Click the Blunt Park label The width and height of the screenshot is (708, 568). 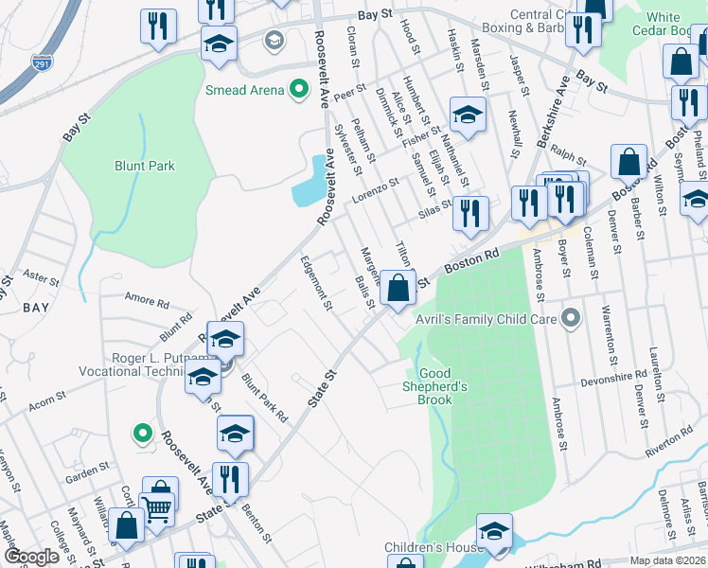coord(145,166)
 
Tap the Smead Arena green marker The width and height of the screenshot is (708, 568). coord(298,91)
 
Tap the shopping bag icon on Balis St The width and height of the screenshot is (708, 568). coord(399,287)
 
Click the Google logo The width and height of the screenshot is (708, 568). coord(32,557)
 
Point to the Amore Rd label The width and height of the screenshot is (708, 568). coord(146,300)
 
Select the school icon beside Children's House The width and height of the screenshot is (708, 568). coord(493,532)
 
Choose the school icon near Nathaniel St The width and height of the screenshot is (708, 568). coord(467,115)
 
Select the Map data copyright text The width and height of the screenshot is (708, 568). coord(668,560)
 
